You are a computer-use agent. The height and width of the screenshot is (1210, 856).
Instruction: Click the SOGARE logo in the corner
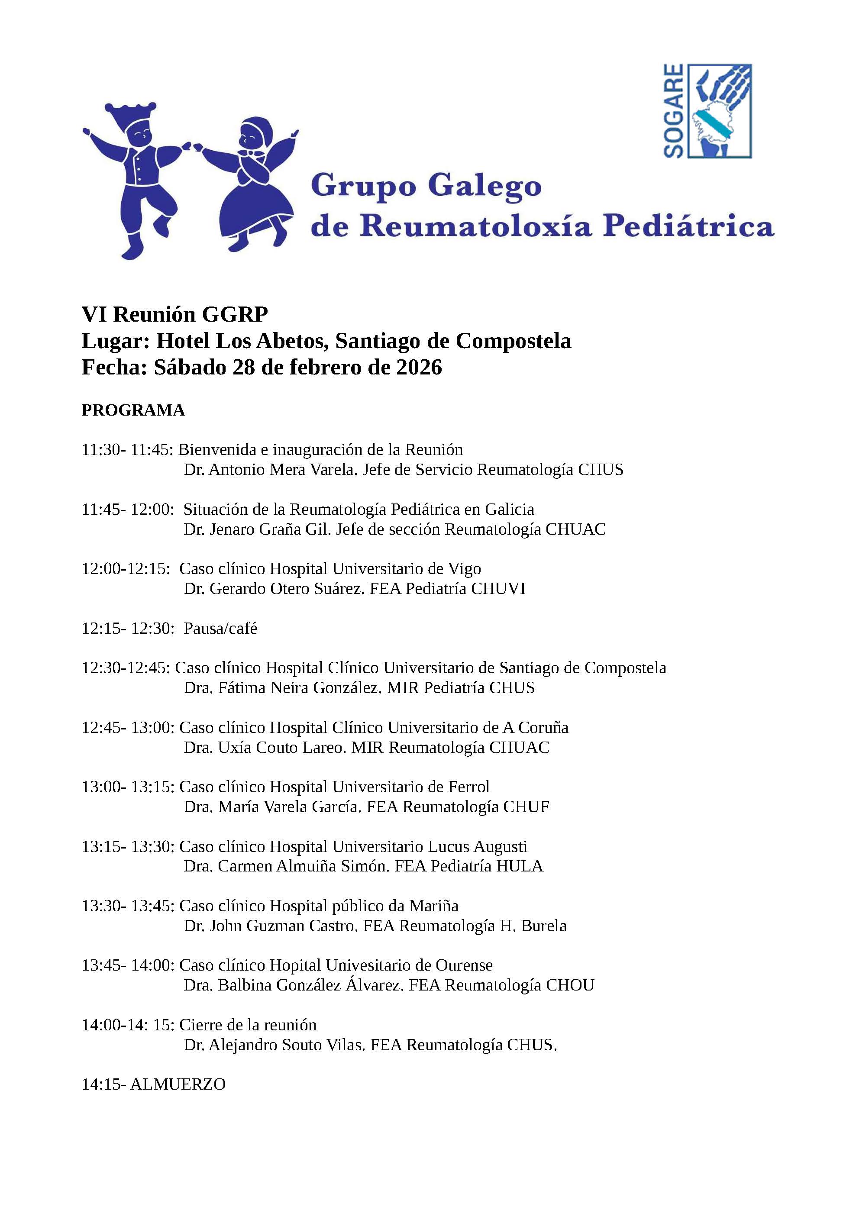(x=707, y=111)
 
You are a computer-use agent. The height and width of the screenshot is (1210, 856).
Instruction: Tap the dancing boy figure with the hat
(x=138, y=174)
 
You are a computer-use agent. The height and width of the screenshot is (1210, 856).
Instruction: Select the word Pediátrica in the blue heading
(x=688, y=226)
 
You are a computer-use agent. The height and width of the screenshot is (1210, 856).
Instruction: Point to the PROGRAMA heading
(x=133, y=410)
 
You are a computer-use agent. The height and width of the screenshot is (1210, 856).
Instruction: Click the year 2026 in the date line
(x=419, y=367)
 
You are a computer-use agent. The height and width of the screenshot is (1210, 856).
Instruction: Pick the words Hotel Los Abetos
(x=243, y=341)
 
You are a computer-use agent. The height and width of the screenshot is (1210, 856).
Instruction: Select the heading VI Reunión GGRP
(x=174, y=314)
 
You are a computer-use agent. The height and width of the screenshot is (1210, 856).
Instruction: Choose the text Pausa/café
(x=220, y=628)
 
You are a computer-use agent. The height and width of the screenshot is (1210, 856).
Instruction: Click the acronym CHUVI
(x=498, y=589)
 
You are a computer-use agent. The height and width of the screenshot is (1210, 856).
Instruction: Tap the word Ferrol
(x=468, y=787)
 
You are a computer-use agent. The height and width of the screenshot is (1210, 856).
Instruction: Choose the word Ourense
(x=463, y=965)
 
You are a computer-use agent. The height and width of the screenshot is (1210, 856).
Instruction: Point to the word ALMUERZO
(x=178, y=1084)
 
